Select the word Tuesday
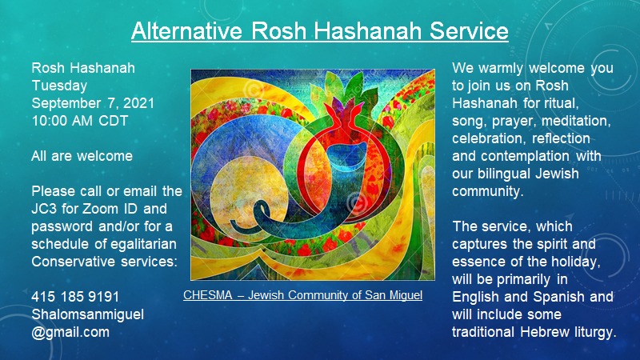coord(59,86)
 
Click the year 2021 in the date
coord(138,103)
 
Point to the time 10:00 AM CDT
coord(80,121)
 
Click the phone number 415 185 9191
coord(75,296)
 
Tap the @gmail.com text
coord(70,332)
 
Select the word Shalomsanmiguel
coord(87,314)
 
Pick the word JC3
coord(45,209)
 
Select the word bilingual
coord(505,174)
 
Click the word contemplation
coord(525,156)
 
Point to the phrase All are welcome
coord(82,156)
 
